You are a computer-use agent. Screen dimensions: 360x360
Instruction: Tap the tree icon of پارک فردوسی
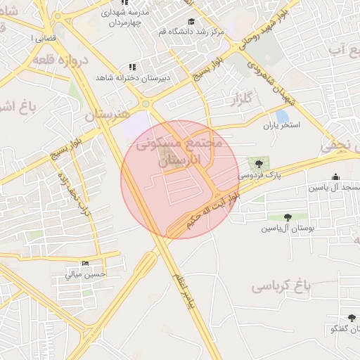(x=253, y=162)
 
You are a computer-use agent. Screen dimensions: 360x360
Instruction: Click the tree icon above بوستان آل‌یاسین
(x=288, y=217)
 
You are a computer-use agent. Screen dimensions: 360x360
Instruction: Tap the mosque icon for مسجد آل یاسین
(x=335, y=177)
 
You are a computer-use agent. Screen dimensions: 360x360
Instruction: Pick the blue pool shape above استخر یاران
(x=282, y=115)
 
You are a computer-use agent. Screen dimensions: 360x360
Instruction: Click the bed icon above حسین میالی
(x=86, y=264)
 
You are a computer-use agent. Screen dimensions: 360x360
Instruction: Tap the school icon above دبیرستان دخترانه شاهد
(x=132, y=67)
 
